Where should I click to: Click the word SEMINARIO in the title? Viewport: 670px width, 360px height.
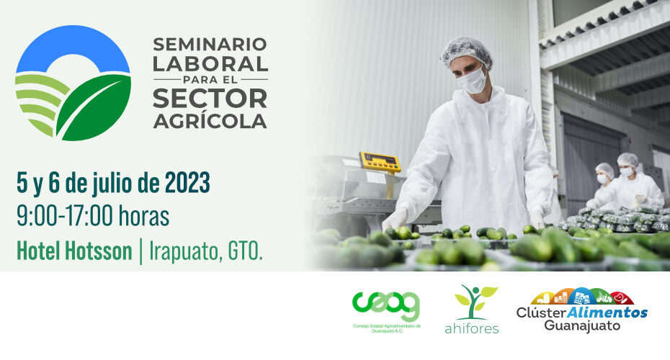(210, 44)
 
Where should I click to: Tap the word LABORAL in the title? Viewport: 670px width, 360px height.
(210, 64)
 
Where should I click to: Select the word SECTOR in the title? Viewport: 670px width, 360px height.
(210, 99)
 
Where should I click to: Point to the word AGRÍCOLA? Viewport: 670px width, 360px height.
(210, 120)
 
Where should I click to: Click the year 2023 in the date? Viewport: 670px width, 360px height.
(187, 183)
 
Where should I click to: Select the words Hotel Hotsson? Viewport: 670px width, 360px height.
(74, 251)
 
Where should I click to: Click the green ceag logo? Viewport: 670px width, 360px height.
(386, 312)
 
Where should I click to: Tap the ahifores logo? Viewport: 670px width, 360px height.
(472, 309)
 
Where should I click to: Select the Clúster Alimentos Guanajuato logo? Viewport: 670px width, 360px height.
(582, 310)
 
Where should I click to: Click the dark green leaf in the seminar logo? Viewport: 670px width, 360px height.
(94, 107)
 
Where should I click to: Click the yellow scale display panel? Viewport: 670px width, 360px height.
(380, 162)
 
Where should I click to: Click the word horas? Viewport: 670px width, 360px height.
(144, 216)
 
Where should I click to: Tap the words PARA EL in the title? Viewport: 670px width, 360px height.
(210, 80)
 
